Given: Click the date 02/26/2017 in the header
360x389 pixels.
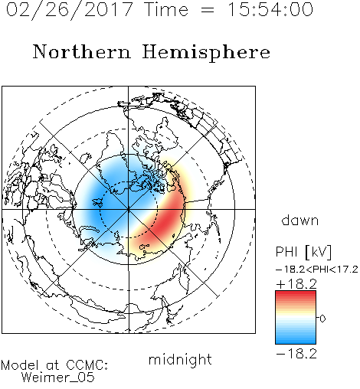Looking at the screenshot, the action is tap(70, 10).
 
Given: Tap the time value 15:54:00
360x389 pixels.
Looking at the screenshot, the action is tap(270, 9).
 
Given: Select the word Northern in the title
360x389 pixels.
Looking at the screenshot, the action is tap(82, 51).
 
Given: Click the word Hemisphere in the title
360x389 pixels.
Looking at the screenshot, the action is tap(206, 53).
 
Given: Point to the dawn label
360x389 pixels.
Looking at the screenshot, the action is tap(300, 220).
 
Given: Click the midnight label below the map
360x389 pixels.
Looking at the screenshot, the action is tap(180, 360).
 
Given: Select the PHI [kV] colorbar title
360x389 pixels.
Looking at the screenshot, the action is tap(303, 252).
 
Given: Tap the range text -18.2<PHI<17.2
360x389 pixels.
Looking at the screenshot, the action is tap(317, 270).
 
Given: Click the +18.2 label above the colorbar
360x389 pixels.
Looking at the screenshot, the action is tap(296, 284).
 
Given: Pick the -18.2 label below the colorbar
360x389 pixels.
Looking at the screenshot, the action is tap(296, 354).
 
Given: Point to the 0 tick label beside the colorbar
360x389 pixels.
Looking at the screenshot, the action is tap(322, 319).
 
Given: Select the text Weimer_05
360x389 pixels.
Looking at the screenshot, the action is tap(58, 377).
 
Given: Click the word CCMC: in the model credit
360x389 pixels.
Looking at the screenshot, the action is tap(87, 365).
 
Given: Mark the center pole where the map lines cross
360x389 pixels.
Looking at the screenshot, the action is tap(129, 209).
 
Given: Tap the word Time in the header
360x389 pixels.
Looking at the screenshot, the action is tap(166, 9).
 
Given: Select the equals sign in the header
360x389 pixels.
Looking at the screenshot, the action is tap(208, 10).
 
